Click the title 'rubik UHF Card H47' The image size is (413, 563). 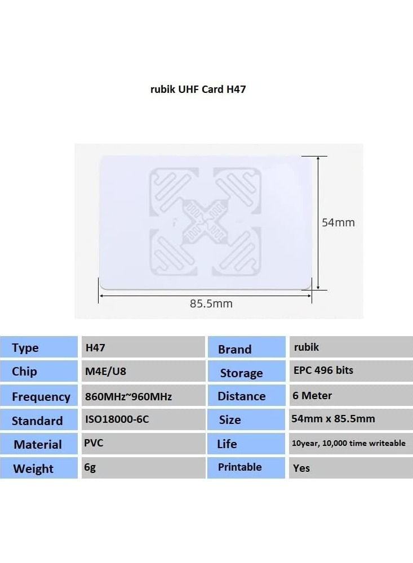(198, 89)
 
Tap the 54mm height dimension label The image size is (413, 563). (338, 222)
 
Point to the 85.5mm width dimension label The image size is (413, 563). (211, 304)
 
